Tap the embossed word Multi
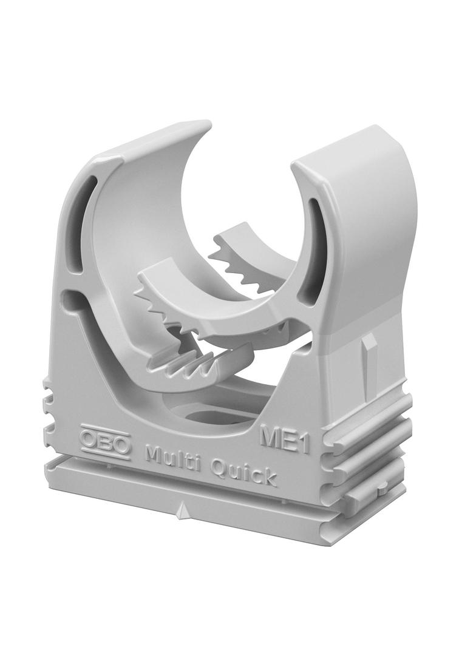(x=169, y=456)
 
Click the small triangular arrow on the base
(x=180, y=512)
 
